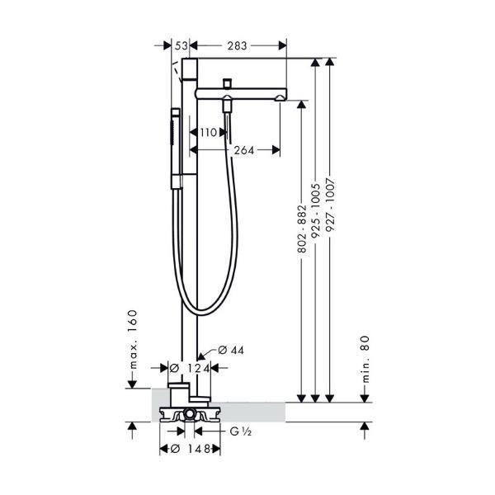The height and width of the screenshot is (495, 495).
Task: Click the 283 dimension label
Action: tap(237, 45)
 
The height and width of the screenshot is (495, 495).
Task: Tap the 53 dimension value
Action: tap(181, 45)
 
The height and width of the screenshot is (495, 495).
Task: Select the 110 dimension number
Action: tap(209, 132)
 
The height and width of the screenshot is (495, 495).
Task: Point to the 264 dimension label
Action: tap(244, 150)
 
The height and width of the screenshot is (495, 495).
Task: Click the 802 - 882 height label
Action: tap(302, 229)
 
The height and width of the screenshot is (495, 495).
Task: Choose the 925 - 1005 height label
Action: tap(316, 211)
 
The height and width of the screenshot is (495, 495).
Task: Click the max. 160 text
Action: tap(133, 340)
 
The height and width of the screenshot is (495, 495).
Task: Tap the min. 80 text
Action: tap(365, 359)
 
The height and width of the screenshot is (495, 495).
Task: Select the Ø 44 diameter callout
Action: tap(231, 350)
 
